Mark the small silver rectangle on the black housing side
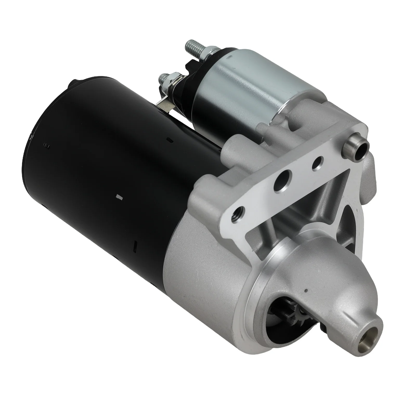pos(120,197)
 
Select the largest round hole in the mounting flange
pos(281,183)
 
